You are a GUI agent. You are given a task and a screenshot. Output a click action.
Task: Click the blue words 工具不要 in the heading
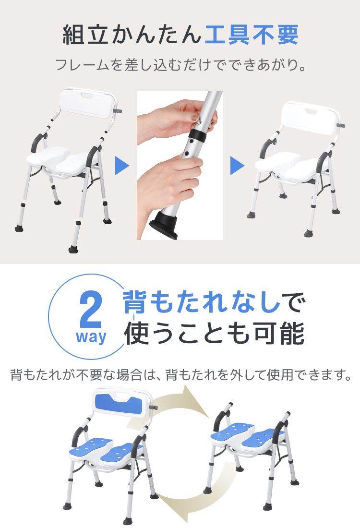(251, 35)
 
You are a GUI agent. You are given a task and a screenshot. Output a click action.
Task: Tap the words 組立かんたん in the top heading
(132, 35)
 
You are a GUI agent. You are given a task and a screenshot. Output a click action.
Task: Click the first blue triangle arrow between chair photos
(122, 166)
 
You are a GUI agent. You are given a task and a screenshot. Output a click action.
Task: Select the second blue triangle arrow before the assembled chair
(237, 166)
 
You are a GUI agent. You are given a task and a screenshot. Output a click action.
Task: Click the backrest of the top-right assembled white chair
(309, 117)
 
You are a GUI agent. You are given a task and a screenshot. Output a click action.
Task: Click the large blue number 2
(90, 312)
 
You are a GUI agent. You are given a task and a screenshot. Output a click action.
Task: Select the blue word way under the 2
(91, 337)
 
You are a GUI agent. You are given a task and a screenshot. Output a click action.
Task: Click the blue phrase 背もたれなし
(202, 302)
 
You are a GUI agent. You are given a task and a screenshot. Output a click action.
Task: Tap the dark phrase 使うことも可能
(215, 333)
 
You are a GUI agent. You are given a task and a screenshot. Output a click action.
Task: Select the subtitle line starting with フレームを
(181, 65)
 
